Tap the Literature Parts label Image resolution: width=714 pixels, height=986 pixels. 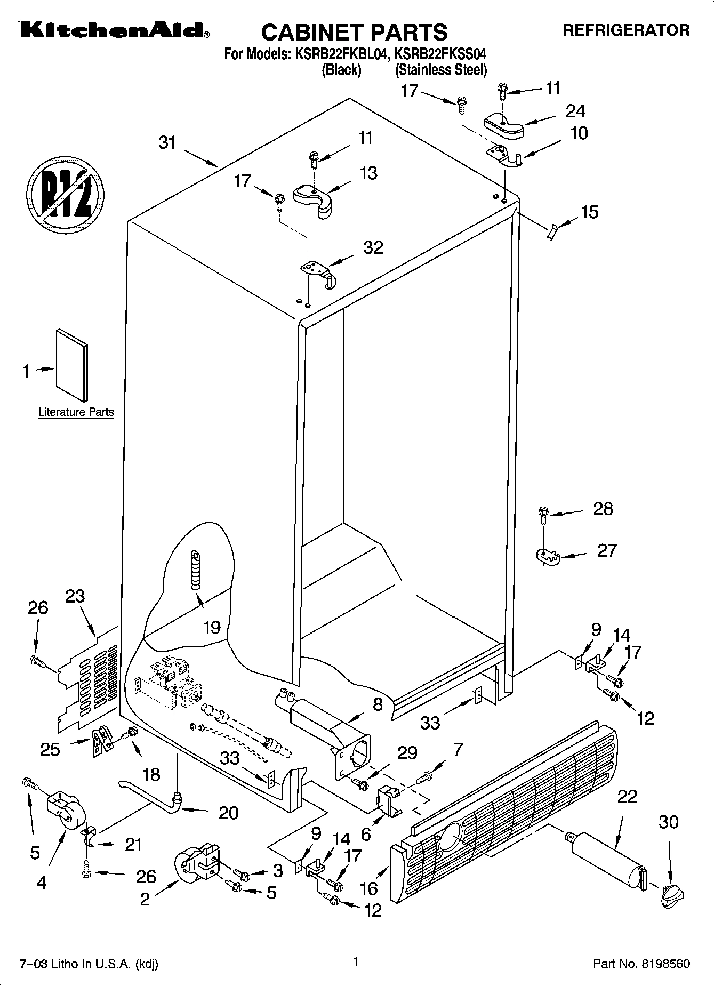pos(76,412)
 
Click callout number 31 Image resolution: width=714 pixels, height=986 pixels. pos(167,143)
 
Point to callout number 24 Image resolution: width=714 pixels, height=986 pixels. pos(575,111)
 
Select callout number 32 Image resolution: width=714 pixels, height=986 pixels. pos(373,247)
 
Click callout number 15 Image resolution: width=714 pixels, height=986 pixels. pos(589,212)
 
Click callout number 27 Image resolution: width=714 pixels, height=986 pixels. pos(606,550)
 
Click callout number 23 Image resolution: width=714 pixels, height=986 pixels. pos(75,596)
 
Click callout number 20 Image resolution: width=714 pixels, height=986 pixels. pos(228,813)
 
